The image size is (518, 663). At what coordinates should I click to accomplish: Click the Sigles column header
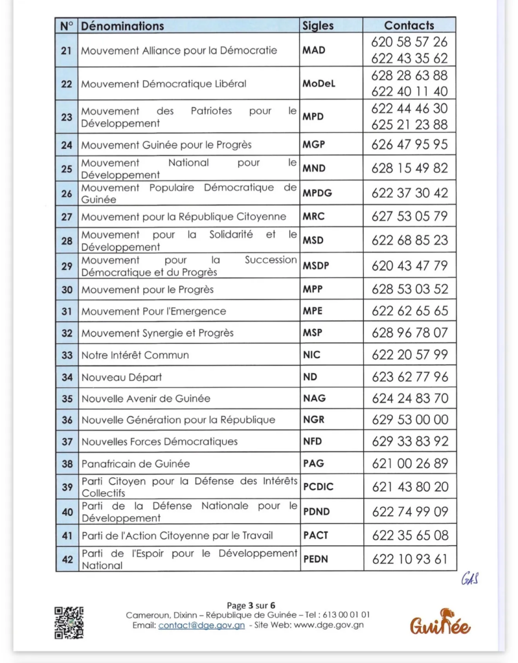[318, 26]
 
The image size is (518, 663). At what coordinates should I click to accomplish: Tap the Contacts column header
[409, 25]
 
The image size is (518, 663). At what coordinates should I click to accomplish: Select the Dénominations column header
[122, 26]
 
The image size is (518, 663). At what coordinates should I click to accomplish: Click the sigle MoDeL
[319, 84]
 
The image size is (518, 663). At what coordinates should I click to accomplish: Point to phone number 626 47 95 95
[409, 144]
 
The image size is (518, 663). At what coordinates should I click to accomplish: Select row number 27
[67, 217]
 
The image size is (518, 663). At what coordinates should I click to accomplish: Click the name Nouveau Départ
[121, 377]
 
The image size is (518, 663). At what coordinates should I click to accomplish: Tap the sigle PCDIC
[318, 487]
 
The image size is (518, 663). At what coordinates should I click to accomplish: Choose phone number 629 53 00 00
[409, 420]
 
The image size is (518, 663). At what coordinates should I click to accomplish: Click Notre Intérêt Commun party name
[135, 355]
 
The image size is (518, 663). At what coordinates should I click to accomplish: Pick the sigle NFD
[313, 442]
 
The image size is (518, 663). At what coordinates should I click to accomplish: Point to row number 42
[67, 559]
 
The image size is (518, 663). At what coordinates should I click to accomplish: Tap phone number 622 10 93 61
[409, 559]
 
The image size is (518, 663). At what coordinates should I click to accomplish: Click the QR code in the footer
[69, 622]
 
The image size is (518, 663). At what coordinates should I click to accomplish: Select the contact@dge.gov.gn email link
[201, 625]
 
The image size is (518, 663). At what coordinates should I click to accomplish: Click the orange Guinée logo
[440, 623]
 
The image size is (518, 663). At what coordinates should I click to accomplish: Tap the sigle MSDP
[316, 266]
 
